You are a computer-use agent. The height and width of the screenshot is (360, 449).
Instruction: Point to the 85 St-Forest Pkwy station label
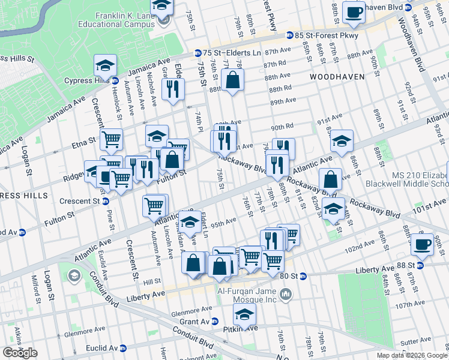click(327, 35)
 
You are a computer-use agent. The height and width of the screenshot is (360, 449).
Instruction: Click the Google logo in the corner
click(20, 353)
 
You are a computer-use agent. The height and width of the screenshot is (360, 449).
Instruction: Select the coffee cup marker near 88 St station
click(422, 244)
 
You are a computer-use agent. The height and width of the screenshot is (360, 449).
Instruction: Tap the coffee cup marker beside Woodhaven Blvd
click(353, 11)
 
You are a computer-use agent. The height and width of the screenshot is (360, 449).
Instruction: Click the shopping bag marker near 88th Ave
click(232, 79)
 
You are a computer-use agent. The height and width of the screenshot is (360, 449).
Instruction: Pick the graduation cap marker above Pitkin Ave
click(244, 314)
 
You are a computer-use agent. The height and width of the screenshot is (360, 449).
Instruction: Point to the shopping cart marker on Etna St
click(111, 140)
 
